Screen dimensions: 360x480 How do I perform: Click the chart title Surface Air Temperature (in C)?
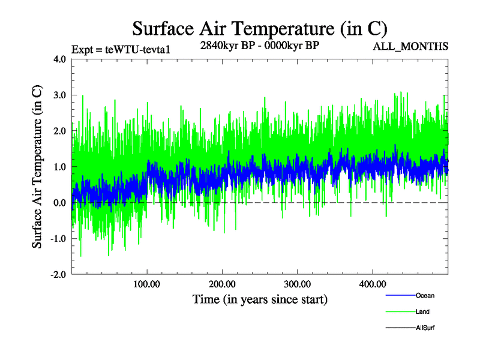point(259,28)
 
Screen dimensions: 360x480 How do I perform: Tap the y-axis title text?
point(37,167)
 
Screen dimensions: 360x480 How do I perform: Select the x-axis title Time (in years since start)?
point(260,299)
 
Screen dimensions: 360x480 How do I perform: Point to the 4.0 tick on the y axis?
point(59,59)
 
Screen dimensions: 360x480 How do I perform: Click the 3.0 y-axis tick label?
point(59,95)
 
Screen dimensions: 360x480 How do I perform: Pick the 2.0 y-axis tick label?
point(59,131)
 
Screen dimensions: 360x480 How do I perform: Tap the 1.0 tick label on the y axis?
point(59,167)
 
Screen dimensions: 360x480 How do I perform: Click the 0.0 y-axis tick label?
point(59,203)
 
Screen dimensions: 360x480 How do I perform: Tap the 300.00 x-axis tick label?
point(297,284)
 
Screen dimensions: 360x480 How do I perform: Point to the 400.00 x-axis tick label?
point(372,284)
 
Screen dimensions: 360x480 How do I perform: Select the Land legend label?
point(422,312)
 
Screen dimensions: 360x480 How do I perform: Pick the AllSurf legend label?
point(425,328)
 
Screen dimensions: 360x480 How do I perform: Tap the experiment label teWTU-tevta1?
point(122,49)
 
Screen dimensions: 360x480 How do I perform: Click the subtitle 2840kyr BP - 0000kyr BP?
point(259,45)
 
